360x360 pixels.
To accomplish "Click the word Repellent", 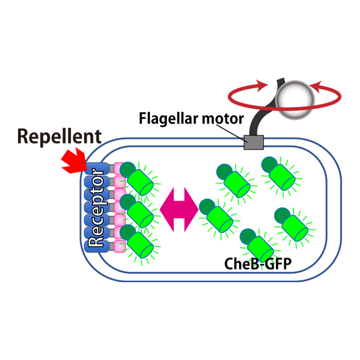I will click(x=59, y=136).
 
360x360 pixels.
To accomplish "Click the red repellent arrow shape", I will click(x=74, y=160).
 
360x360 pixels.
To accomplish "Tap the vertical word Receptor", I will click(x=96, y=208).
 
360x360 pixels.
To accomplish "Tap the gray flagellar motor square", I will click(x=254, y=142).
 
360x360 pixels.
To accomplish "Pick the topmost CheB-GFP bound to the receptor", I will click(x=139, y=179).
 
